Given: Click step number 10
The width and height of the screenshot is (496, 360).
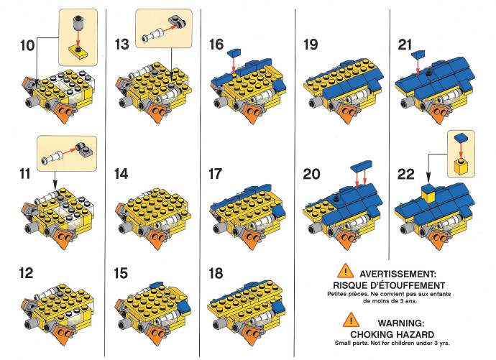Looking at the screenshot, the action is [27, 45].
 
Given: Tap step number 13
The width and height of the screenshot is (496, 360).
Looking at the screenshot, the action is [121, 45].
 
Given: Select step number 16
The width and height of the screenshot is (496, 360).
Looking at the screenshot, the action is [216, 45].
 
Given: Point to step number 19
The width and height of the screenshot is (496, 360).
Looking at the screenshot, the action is [311, 45].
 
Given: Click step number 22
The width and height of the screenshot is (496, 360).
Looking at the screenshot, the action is [406, 174].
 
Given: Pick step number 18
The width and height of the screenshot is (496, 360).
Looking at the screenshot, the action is [216, 273].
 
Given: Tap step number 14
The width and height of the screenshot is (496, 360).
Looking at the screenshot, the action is [121, 174].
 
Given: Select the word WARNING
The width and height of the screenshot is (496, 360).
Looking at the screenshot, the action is [401, 323].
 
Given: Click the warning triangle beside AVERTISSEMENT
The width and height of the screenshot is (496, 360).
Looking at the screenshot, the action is [346, 271].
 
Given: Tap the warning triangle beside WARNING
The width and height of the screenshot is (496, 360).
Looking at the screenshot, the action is [351, 320].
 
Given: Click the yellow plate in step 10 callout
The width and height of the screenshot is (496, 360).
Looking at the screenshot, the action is [78, 52].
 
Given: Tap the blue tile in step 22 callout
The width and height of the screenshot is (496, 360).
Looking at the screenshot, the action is [461, 138].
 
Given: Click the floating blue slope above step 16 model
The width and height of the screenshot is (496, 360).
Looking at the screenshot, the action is [234, 52].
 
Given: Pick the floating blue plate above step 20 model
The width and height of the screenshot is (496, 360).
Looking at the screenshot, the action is [362, 165].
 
